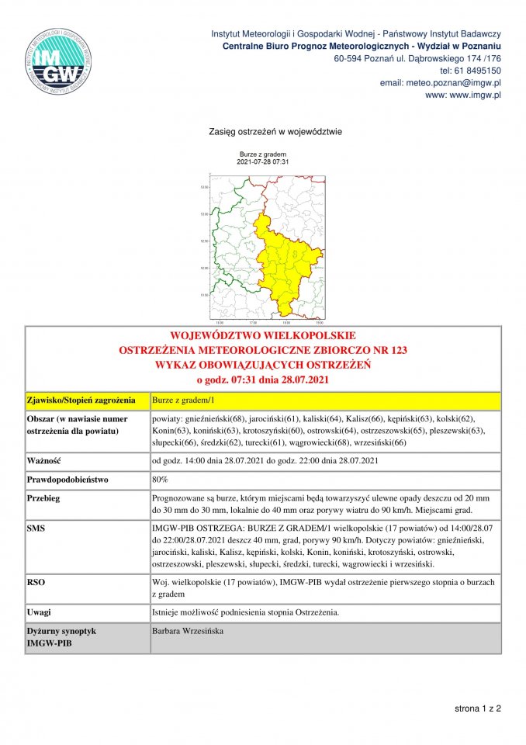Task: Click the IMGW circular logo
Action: (x=60, y=61)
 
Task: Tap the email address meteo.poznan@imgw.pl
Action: (x=452, y=82)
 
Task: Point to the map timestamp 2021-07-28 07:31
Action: (x=263, y=161)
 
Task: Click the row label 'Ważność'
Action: (x=44, y=462)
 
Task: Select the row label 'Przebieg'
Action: (x=43, y=498)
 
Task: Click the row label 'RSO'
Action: (x=35, y=580)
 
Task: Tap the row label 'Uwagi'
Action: (x=38, y=612)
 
